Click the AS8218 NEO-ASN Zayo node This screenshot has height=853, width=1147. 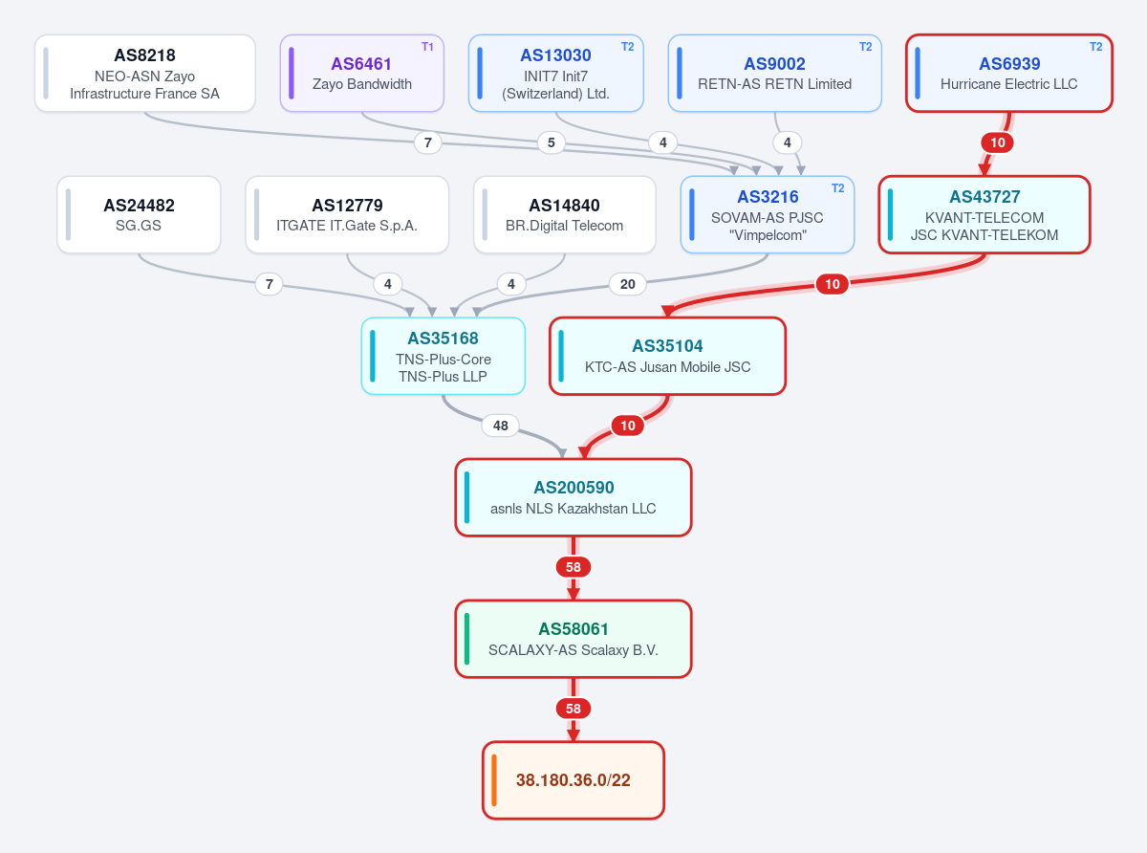tap(144, 73)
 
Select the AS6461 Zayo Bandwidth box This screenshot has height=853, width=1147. tap(362, 73)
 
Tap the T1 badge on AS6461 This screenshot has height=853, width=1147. tap(427, 47)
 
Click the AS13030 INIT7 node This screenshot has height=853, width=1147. tap(556, 73)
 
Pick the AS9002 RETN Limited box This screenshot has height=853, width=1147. tap(774, 73)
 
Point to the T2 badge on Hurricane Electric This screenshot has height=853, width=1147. tap(1095, 47)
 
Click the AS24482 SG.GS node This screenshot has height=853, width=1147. tap(139, 215)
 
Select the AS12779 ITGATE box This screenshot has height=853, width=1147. tap(347, 215)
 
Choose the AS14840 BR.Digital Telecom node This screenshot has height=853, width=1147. tap(565, 215)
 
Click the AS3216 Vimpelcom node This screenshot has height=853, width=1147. tap(768, 215)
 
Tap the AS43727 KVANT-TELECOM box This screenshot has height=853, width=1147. tap(985, 215)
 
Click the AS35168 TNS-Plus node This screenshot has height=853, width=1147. tap(444, 356)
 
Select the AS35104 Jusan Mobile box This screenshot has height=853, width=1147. tap(667, 356)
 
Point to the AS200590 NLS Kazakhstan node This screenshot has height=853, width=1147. tap(573, 497)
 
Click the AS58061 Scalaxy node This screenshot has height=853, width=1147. tap(573, 639)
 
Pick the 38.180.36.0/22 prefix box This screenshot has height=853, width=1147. tap(573, 780)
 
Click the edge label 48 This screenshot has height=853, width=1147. tap(500, 426)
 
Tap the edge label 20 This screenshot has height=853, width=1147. tap(627, 284)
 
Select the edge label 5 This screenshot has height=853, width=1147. tap(552, 142)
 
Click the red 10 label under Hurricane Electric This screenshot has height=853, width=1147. tap(997, 142)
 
